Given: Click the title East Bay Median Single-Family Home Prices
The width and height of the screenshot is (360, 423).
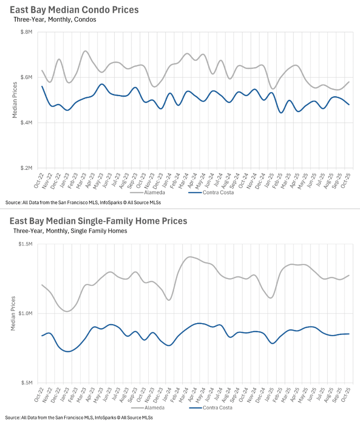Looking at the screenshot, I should coord(98,221).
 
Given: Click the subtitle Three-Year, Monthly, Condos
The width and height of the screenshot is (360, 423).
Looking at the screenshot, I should coord(54,20).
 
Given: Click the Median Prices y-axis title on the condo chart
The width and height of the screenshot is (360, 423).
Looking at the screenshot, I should coord(15,100).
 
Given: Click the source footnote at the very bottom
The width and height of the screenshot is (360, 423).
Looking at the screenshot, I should coord(79,417).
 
